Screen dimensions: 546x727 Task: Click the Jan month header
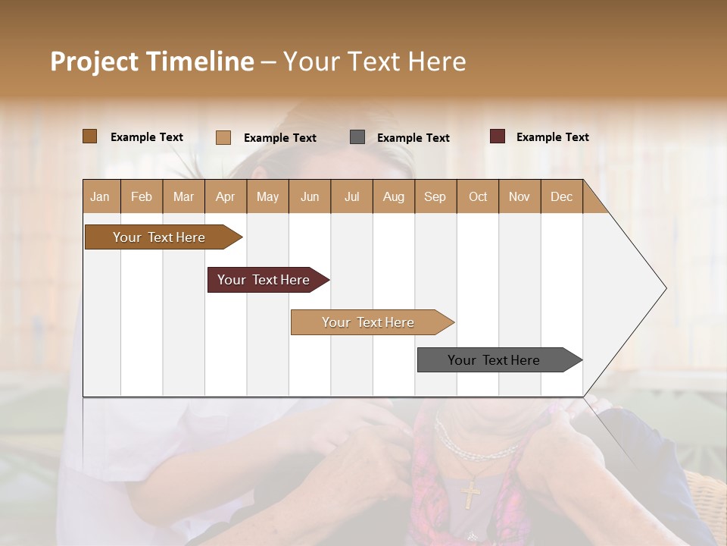pos(100,196)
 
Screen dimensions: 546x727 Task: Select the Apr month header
pos(225,196)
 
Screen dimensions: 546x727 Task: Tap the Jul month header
pos(351,196)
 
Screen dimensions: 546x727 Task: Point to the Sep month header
pos(435,196)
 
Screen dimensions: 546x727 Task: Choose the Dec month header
pos(561,196)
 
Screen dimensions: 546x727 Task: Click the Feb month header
pos(142,196)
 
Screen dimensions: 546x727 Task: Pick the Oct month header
pos(478,196)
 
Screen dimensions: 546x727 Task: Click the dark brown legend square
pos(90,136)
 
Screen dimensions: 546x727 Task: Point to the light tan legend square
pos(223,137)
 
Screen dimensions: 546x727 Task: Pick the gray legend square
pos(357,137)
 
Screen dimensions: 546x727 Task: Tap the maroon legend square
pos(498,136)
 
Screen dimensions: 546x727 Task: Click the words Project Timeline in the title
pos(152,61)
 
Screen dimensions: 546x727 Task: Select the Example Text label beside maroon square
pos(552,137)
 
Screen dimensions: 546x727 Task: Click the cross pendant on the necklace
pos(470,494)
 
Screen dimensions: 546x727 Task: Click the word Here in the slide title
pos(437,61)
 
